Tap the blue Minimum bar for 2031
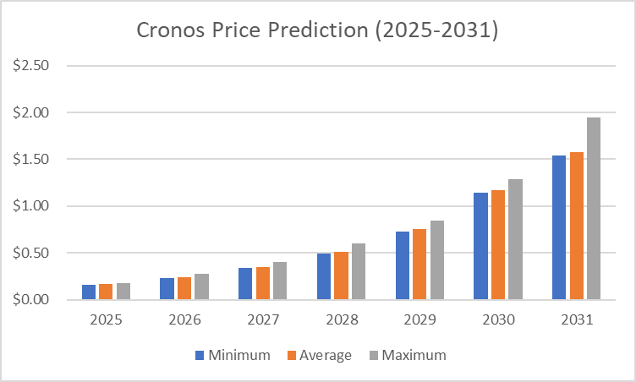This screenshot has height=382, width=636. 559,227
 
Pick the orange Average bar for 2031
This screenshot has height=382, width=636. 576,226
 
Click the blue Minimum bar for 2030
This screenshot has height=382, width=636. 480,246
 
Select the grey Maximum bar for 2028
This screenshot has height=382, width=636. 359,271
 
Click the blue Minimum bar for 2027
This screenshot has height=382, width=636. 245,284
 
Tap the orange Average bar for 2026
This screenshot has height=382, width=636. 184,288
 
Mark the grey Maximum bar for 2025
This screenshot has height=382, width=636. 123,292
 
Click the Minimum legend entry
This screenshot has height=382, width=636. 233,355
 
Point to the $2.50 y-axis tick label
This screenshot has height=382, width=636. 30,66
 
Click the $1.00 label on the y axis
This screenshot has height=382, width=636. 30,206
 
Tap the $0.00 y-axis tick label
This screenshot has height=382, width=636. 30,300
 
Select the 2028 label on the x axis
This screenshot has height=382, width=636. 342,321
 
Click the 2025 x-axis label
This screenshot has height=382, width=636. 106,321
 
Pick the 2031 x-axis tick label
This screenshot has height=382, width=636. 576,321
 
